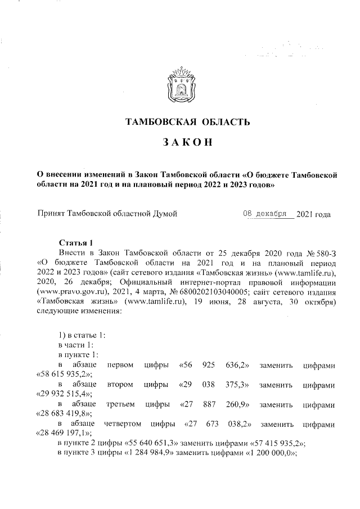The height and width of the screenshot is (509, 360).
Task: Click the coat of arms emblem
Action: click(x=181, y=89)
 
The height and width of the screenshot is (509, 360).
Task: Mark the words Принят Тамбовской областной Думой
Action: click(x=107, y=214)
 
